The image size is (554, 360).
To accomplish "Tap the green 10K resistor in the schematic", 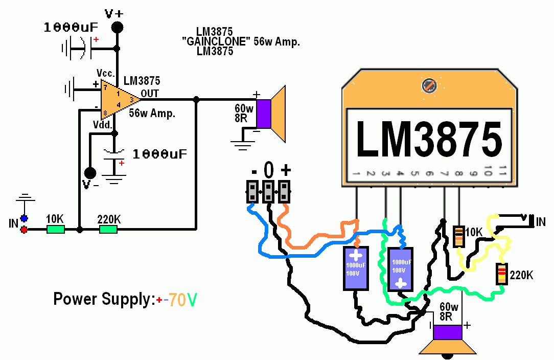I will click(x=56, y=230).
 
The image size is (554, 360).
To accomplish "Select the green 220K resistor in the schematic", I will click(x=108, y=230).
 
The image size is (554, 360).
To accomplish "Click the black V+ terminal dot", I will click(x=118, y=27).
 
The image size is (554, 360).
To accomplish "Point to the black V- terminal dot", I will click(x=90, y=172).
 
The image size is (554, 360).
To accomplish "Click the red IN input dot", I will click(x=24, y=230).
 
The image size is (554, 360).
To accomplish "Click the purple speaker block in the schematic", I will click(x=263, y=114).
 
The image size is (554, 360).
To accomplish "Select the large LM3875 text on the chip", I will click(x=428, y=139).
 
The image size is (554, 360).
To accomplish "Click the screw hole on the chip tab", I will click(x=428, y=86).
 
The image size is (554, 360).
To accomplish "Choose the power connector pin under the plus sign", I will click(x=284, y=192).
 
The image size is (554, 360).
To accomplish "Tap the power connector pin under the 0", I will click(x=268, y=192).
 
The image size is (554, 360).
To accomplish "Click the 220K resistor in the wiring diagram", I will click(x=502, y=275).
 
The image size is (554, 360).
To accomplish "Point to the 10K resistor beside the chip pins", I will click(x=458, y=236).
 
